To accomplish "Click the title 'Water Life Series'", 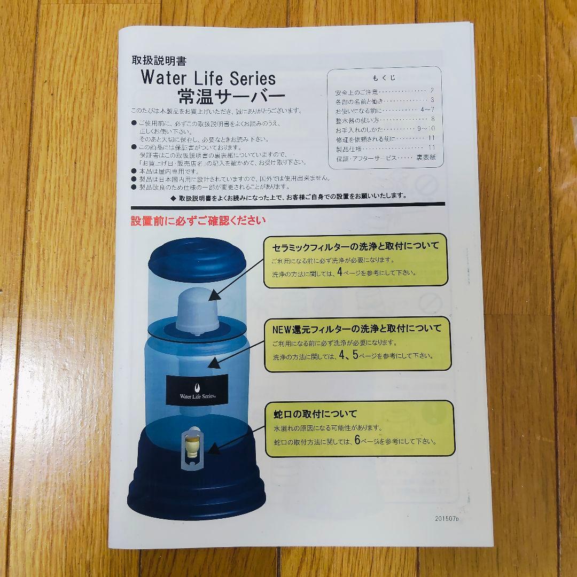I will pos(208,79).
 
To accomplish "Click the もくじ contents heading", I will pos(385,77).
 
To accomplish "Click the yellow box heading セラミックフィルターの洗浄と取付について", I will pos(355,246).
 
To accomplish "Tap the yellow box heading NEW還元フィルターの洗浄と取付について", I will pos(357,329).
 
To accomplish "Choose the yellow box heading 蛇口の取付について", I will pos(315,414).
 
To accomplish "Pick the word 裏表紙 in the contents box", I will pos(426,158).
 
